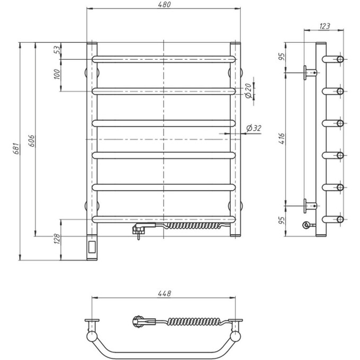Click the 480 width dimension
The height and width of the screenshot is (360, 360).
click(x=165, y=5)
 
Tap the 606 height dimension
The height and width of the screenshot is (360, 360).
click(x=31, y=141)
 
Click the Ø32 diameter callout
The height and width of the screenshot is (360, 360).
click(x=255, y=128)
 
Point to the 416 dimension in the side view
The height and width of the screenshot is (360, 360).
click(x=282, y=140)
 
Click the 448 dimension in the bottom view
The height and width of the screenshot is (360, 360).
click(x=165, y=293)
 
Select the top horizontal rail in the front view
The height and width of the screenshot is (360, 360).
click(x=164, y=59)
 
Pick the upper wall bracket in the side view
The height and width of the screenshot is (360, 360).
click(x=309, y=72)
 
